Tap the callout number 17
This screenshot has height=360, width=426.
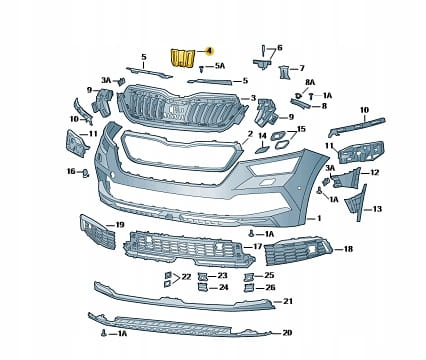click(x=258, y=247)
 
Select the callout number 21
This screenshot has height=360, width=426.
click(x=288, y=301)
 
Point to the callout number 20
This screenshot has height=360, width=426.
click(x=287, y=332)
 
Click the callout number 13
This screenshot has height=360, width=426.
click(x=377, y=209)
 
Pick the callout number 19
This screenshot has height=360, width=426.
click(x=119, y=225)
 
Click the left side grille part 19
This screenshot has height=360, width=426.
click(x=98, y=232)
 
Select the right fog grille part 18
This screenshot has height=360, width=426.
click(x=298, y=251)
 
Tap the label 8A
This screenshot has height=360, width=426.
click(x=310, y=83)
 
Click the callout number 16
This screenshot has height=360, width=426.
click(x=71, y=171)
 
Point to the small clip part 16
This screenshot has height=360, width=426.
click(x=86, y=173)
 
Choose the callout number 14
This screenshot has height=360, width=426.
click(x=263, y=136)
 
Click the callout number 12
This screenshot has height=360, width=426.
click(x=374, y=173)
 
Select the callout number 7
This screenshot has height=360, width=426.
click(x=302, y=68)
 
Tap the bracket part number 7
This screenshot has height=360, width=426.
click(x=284, y=72)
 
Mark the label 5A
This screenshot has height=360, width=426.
click(x=220, y=66)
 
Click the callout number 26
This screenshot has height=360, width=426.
click(x=270, y=287)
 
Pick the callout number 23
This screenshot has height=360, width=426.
click(x=222, y=276)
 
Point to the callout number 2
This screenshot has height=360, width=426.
click(x=250, y=134)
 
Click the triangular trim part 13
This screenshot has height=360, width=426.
click(x=356, y=203)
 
